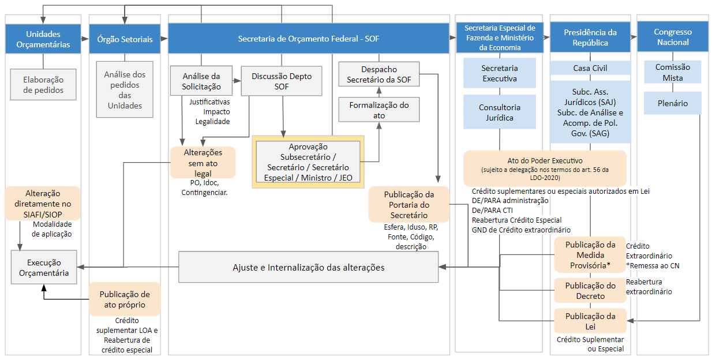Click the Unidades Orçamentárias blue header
tap(43, 39)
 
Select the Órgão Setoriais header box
tap(125, 39)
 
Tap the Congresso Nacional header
tap(673, 36)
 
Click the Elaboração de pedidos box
tap(43, 84)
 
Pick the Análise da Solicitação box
tap(201, 81)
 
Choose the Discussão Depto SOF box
tap(282, 81)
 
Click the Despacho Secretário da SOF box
tap(379, 74)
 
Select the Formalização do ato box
tap(379, 110)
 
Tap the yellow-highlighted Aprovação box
tap(308, 162)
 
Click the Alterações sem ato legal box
tap(203, 162)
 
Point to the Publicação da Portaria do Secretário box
tap(409, 204)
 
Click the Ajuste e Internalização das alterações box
tap(308, 267)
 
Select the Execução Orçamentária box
tap(44, 267)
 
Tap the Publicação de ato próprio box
tap(125, 299)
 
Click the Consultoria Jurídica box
tap(499, 112)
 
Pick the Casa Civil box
tap(590, 68)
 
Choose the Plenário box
tap(673, 103)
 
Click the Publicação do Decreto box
tap(590, 290)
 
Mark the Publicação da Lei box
tap(590, 321)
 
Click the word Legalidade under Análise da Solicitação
tap(212, 121)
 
